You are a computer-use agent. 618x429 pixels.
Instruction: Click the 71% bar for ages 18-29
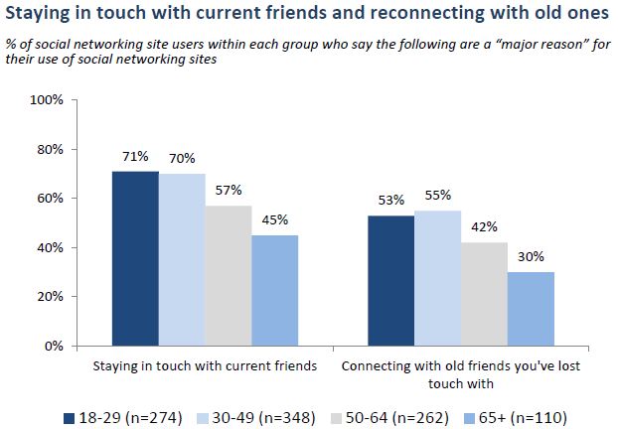(x=135, y=258)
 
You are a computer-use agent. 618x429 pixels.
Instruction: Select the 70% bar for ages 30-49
(x=181, y=260)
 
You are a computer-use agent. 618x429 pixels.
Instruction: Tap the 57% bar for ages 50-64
(x=228, y=276)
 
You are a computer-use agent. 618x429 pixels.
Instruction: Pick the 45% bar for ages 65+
(x=274, y=290)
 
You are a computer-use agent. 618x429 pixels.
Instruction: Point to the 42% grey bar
(x=484, y=294)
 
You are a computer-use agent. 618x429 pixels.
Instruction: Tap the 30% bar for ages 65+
(x=531, y=309)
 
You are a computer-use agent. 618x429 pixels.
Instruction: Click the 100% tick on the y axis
(x=47, y=100)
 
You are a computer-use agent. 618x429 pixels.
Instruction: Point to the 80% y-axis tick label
(x=50, y=149)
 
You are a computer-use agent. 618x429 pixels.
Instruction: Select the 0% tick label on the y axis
(x=54, y=346)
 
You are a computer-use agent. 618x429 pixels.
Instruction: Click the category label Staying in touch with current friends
(x=204, y=365)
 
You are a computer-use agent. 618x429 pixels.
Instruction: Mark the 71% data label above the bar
(x=135, y=156)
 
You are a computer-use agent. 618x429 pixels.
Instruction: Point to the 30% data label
(x=531, y=256)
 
